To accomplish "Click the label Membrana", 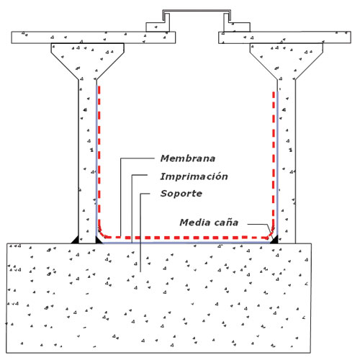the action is [x=188, y=158].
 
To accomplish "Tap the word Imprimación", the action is [x=194, y=176].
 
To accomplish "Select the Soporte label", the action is [x=181, y=194].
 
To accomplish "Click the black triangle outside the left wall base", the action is [x=75, y=240].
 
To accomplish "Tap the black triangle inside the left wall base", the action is [x=99, y=240].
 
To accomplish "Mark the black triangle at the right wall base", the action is [x=274, y=240].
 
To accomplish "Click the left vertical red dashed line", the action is [x=99, y=156].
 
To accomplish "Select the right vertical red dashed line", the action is [x=274, y=158].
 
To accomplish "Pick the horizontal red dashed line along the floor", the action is [x=186, y=238].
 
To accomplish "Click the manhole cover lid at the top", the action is [x=197, y=11].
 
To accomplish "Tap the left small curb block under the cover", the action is [x=158, y=27].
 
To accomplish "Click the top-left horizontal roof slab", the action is [x=94, y=37].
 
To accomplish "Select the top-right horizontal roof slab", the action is [x=284, y=37].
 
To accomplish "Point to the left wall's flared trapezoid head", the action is [x=88, y=60].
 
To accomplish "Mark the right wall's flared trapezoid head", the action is [x=287, y=60].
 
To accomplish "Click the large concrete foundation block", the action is [x=158, y=298].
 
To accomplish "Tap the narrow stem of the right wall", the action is [x=287, y=161].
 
